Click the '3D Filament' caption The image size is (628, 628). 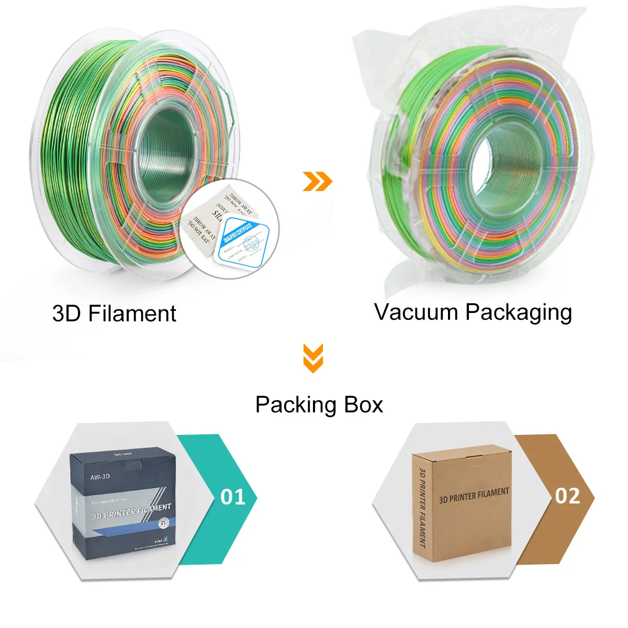tap(114, 313)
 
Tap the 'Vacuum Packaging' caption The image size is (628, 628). tap(473, 312)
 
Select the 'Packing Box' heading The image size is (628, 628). tap(319, 405)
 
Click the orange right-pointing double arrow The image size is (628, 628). tap(318, 181)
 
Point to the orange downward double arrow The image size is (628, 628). tap(313, 358)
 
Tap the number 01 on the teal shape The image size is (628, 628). tap(233, 497)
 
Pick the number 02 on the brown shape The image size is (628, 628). tap(568, 496)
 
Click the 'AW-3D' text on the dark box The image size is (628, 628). tap(100, 477)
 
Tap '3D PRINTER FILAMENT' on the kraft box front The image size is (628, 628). tap(474, 495)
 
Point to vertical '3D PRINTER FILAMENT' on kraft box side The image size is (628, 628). tap(422, 508)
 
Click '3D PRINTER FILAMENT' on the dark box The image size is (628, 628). tap(131, 511)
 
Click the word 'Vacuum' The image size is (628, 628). tap(416, 312)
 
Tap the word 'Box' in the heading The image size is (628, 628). tap(363, 405)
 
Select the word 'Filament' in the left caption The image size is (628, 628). tap(132, 313)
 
